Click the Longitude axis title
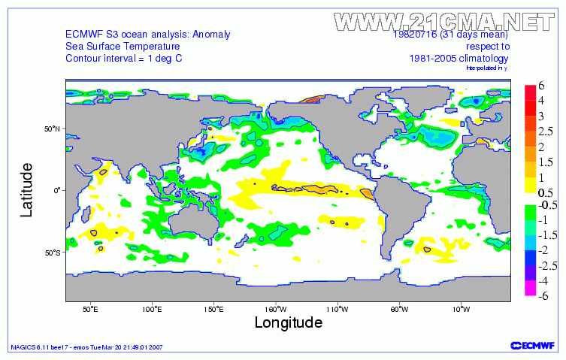289,323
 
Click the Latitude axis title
27,189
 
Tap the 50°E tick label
90,309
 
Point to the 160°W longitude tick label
275,309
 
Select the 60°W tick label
399,309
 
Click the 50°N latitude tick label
51,129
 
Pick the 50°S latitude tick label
51,253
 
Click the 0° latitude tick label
56,190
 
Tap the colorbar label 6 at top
541,87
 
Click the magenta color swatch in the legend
529,288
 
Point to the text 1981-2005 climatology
459,59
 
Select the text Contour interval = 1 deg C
124,59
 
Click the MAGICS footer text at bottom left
86,347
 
